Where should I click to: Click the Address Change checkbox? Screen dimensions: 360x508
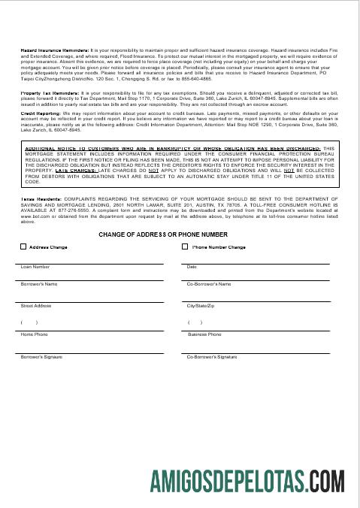pos(23,246)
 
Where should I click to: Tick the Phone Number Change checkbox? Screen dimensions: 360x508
pos(186,246)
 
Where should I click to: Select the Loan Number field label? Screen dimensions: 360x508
pos(35,267)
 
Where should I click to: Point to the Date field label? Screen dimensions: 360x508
pos(192,267)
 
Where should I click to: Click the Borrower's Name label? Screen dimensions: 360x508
pos(39,285)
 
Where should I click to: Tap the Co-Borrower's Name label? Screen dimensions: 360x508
pos(209,285)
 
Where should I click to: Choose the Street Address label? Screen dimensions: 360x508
pos(36,307)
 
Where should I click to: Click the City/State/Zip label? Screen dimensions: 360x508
pos(201,307)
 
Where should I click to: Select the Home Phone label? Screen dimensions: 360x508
pos(34,334)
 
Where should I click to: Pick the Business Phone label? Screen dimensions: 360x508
pos(204,334)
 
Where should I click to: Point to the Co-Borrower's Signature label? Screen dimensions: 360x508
pos(212,356)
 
